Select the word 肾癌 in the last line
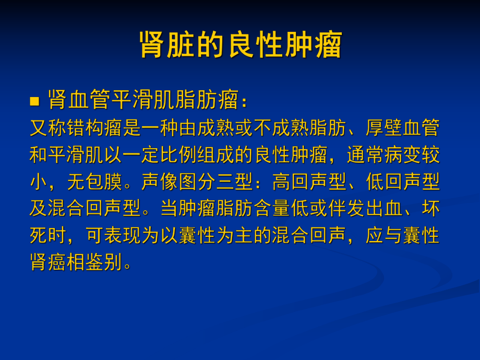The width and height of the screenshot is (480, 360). pyautogui.click(x=49, y=262)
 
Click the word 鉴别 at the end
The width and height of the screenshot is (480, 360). pyautogui.click(x=104, y=262)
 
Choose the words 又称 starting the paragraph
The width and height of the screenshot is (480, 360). pyautogui.click(x=49, y=128)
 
